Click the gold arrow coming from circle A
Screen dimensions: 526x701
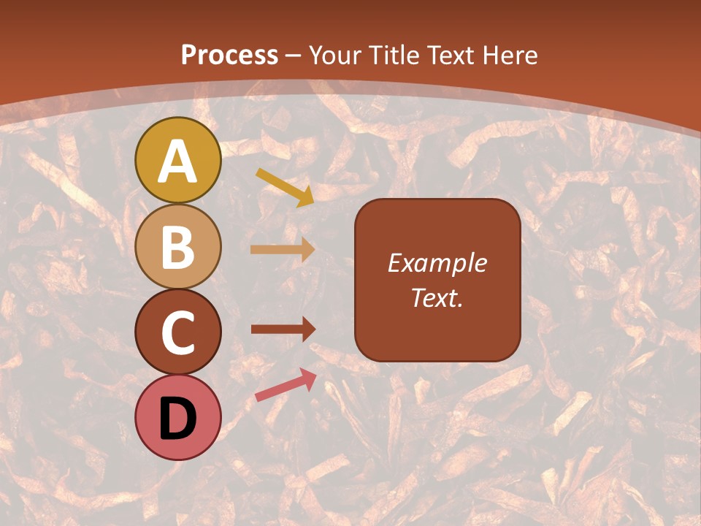[x=285, y=187]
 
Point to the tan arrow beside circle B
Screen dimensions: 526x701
[x=283, y=250]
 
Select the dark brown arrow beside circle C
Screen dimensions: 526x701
[x=283, y=329]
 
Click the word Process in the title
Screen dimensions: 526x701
[x=229, y=55]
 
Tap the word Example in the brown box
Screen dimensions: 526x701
[x=437, y=263]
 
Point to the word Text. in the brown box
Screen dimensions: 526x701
[x=437, y=298]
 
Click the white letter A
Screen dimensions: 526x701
[x=178, y=162]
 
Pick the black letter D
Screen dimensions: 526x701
[x=178, y=419]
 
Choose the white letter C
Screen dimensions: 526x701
[x=178, y=333]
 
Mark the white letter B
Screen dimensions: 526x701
[x=178, y=248]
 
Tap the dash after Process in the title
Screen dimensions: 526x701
[x=294, y=56]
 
